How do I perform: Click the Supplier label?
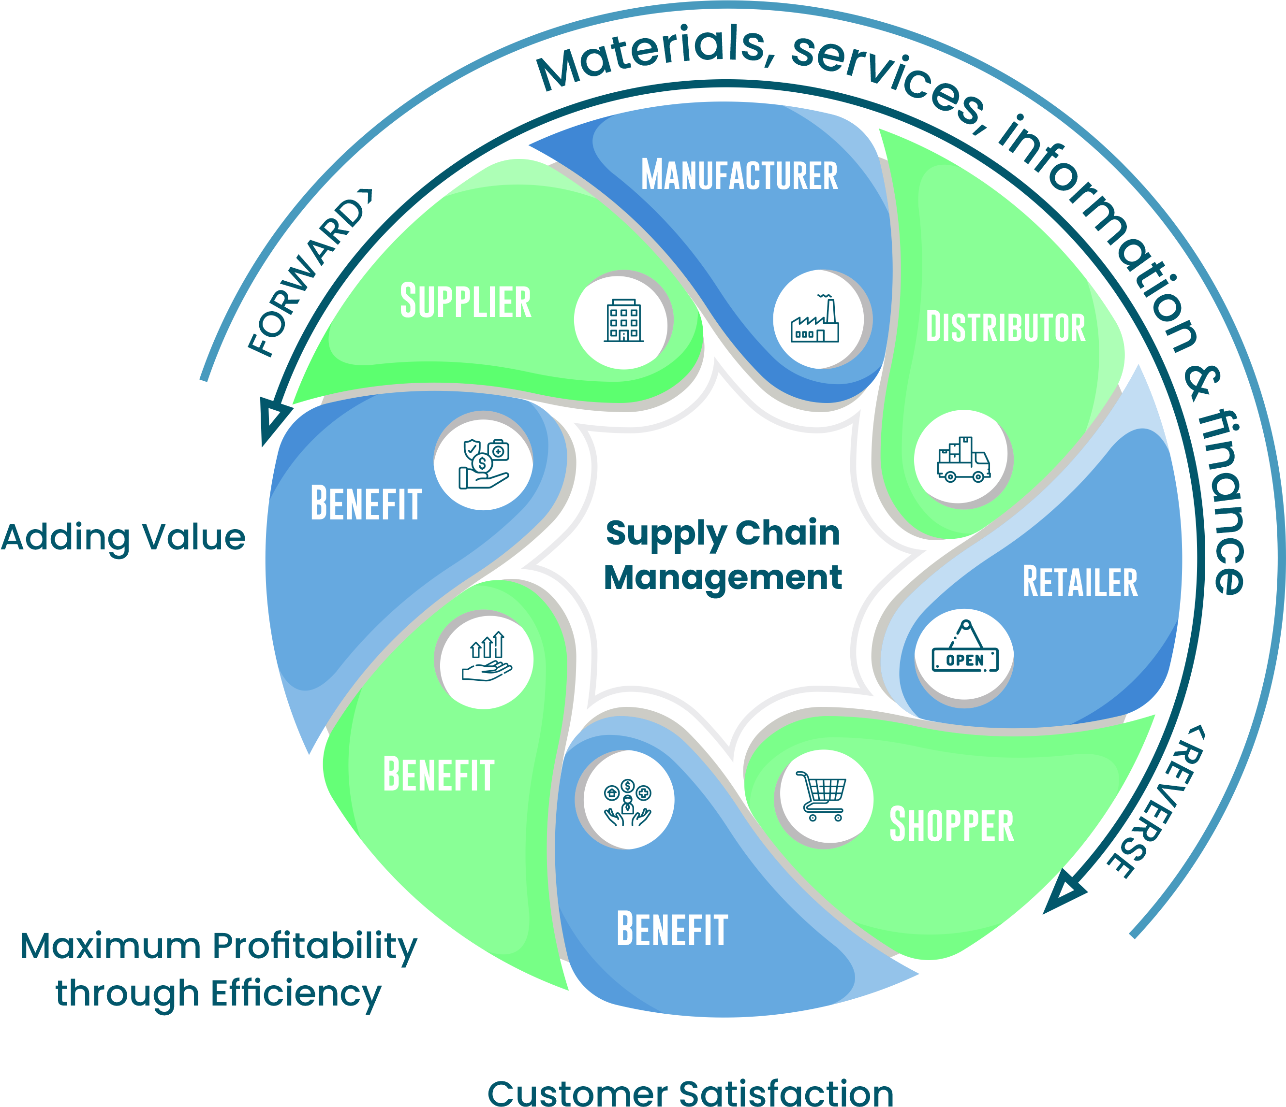465,302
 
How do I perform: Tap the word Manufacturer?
739,175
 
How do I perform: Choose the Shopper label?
951,825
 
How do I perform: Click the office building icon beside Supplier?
624,321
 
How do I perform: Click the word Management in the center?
723,578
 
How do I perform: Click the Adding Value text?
123,538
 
